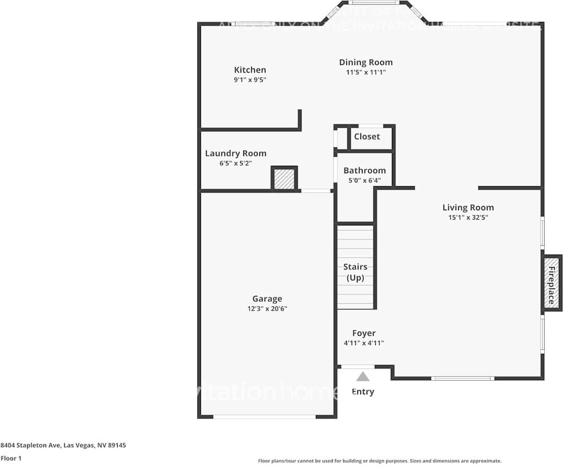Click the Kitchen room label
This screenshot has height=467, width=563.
pyautogui.click(x=250, y=70)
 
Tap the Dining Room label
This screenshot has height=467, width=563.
pyautogui.click(x=366, y=63)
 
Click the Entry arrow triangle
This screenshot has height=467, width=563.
pyautogui.click(x=363, y=377)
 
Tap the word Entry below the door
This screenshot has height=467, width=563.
pyautogui.click(x=363, y=392)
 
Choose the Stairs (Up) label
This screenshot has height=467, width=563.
pyautogui.click(x=355, y=272)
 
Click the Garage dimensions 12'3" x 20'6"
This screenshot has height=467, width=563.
pyautogui.click(x=267, y=309)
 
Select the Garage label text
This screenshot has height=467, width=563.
pyautogui.click(x=267, y=299)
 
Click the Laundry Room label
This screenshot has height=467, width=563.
pyautogui.click(x=235, y=154)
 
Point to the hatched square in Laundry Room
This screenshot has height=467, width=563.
pyautogui.click(x=284, y=179)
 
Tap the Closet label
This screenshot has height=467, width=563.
pyautogui.click(x=367, y=136)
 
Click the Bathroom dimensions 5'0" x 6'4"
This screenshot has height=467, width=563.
pyautogui.click(x=365, y=180)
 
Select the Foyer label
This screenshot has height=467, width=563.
pyautogui.click(x=364, y=334)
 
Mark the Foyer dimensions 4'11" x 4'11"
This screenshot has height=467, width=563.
pyautogui.click(x=364, y=343)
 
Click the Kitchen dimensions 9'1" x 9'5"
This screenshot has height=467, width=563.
pyautogui.click(x=250, y=80)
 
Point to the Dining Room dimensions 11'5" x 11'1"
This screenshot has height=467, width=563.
pyautogui.click(x=366, y=73)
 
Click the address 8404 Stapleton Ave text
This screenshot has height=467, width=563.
pyautogui.click(x=63, y=446)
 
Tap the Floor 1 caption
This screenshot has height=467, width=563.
pyautogui.click(x=11, y=459)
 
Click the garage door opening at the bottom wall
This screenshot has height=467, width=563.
pyautogui.click(x=264, y=417)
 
